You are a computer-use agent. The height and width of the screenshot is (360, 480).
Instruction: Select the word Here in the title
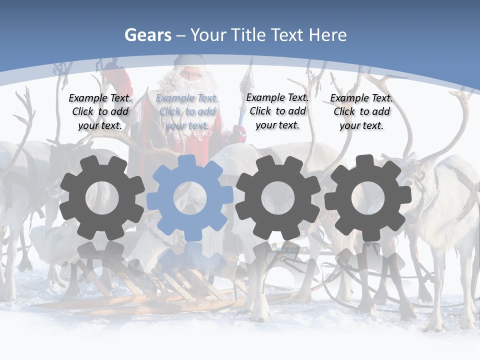click(x=327, y=35)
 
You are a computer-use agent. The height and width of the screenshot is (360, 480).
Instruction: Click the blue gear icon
click(x=190, y=197)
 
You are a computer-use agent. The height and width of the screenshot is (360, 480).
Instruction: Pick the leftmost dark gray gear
click(x=102, y=197)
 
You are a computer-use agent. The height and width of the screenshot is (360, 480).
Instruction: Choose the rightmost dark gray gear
click(x=368, y=197)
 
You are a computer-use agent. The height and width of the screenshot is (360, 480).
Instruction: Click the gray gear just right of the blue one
click(x=278, y=197)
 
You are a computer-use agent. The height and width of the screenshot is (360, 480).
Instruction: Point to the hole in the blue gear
click(x=190, y=197)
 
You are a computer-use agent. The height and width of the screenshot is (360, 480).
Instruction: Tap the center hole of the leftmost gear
click(x=102, y=197)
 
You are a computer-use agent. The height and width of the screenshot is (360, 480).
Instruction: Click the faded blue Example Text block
click(x=187, y=112)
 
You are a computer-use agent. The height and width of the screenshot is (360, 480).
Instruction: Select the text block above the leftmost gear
click(x=100, y=112)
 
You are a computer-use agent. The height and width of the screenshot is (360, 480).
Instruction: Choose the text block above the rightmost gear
click(x=361, y=112)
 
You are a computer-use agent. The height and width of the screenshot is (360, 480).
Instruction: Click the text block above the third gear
click(x=277, y=111)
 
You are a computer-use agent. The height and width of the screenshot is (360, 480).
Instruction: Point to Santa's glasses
click(x=189, y=75)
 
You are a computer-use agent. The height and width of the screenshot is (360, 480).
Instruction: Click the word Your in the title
click(x=208, y=35)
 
